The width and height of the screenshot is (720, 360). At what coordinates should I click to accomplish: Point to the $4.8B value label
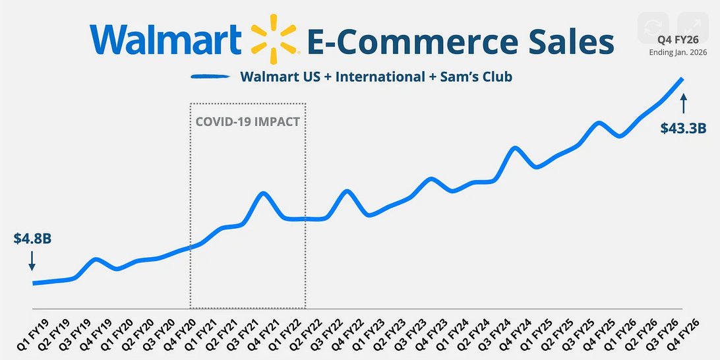(32, 239)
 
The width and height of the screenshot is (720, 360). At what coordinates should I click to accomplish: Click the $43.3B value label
(683, 129)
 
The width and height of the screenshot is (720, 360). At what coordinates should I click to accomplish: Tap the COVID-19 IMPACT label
(247, 122)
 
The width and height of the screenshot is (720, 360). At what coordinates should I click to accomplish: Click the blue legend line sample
(211, 76)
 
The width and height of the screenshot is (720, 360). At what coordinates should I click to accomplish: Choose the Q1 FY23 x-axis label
(373, 335)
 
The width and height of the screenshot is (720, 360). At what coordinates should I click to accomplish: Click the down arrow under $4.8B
(32, 262)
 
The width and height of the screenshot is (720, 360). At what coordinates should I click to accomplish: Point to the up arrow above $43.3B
(683, 104)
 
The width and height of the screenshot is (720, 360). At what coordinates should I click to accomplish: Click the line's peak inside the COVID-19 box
(263, 193)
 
